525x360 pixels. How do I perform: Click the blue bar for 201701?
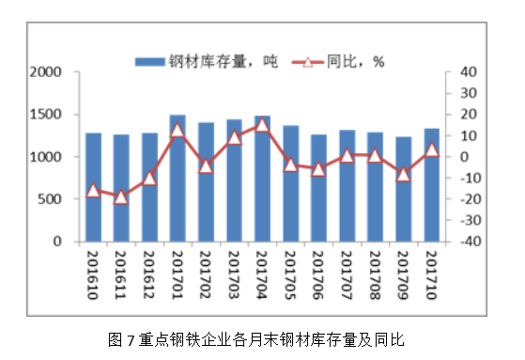pos(178,179)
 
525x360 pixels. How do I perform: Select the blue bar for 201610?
pos(93,187)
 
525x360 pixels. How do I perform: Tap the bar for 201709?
pos(403,189)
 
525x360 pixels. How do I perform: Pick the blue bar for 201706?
pos(318,188)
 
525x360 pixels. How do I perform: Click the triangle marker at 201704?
pos(262,124)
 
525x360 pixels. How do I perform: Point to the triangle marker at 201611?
pos(121,196)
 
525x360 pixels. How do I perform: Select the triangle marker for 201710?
pos(431,149)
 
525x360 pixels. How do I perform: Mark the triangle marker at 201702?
pos(206,165)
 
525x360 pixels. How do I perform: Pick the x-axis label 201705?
pos(290,275)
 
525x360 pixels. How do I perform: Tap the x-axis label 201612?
pos(149,275)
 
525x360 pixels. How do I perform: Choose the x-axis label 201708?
pos(375,275)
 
